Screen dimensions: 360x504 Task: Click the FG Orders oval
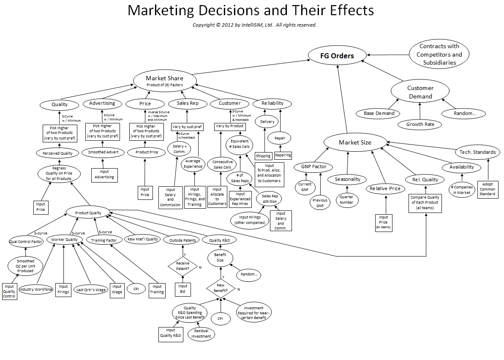click(x=337, y=56)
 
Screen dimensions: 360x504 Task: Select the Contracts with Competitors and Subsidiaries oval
click(x=439, y=55)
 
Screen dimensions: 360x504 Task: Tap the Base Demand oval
click(x=379, y=113)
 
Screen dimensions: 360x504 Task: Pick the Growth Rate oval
click(x=420, y=124)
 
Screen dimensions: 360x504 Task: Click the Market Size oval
click(x=355, y=142)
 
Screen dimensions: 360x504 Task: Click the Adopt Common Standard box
click(x=488, y=189)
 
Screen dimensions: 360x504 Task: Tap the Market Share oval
click(x=165, y=80)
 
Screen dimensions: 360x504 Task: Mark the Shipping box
click(x=263, y=156)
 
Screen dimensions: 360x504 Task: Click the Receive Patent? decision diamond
click(x=183, y=266)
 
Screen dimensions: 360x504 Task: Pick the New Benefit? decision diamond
click(x=221, y=289)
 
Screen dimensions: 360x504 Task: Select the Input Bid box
click(x=183, y=289)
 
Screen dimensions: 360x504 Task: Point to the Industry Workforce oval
click(x=36, y=289)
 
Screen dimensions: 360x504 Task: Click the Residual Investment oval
click(x=201, y=334)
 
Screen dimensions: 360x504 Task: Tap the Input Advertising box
click(x=104, y=175)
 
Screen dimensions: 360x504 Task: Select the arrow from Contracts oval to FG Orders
click(x=388, y=55)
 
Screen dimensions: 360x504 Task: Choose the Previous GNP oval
click(x=320, y=203)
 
